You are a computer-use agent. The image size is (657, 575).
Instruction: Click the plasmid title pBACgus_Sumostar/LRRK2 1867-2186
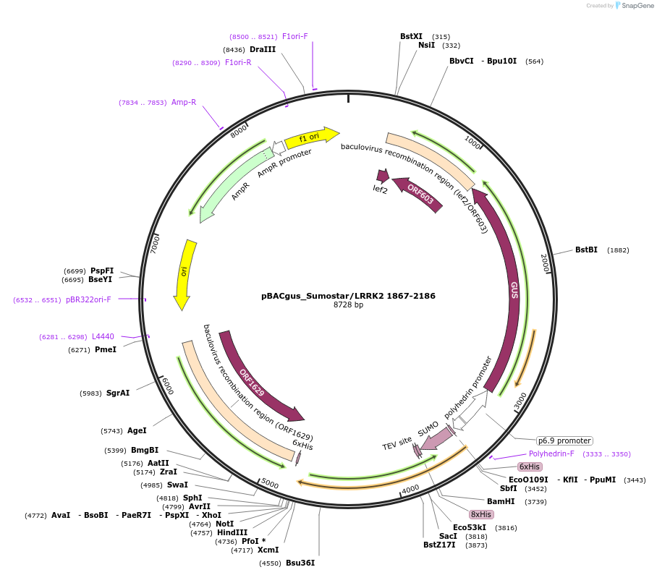(x=348, y=296)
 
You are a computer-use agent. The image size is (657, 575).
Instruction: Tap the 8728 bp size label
(x=348, y=305)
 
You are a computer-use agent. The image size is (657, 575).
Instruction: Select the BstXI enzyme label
(x=411, y=36)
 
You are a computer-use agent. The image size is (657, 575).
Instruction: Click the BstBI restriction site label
(x=586, y=250)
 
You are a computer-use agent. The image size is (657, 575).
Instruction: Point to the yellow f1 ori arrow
(x=311, y=137)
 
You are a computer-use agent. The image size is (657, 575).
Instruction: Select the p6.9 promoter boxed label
(x=564, y=440)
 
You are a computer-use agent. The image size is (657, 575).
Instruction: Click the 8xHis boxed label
(x=481, y=514)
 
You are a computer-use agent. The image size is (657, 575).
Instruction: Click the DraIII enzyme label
(x=263, y=49)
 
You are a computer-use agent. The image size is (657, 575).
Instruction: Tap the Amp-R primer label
(x=184, y=103)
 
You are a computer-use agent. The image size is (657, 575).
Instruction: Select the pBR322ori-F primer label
(x=88, y=299)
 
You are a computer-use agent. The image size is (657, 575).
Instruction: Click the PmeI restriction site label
(x=106, y=349)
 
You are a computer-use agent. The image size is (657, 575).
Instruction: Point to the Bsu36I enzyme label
(x=300, y=563)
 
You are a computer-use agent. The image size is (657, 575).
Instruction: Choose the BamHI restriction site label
(x=501, y=501)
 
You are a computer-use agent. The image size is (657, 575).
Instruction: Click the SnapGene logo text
(x=635, y=6)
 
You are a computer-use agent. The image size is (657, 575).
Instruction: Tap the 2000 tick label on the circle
(x=546, y=263)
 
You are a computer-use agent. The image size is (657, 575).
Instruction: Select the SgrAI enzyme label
(x=118, y=393)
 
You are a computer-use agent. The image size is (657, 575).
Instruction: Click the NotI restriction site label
(x=225, y=524)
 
